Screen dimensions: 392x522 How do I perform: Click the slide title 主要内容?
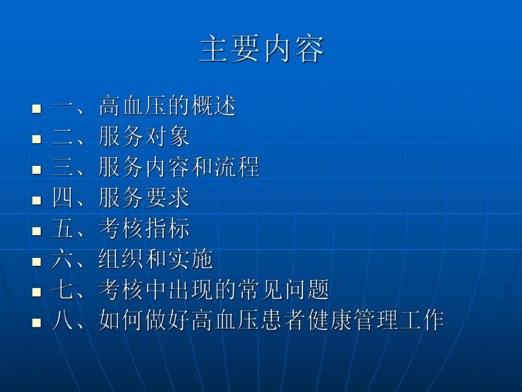pyautogui.click(x=262, y=49)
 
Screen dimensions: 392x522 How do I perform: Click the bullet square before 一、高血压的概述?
pyautogui.click(x=37, y=108)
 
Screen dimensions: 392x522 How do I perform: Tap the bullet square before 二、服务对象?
pyautogui.click(x=37, y=139)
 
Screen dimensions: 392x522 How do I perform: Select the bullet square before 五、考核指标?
pyautogui.click(x=37, y=231)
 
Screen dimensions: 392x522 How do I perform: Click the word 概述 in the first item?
pyautogui.click(x=213, y=106)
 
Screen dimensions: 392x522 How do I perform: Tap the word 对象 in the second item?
pyautogui.click(x=167, y=137)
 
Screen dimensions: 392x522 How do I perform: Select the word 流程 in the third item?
pyautogui.click(x=237, y=168)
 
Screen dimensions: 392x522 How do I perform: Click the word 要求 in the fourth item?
pyautogui.click(x=167, y=198)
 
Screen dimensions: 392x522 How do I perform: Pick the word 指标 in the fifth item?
pyautogui.click(x=167, y=229)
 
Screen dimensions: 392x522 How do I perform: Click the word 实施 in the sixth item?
pyautogui.click(x=190, y=260)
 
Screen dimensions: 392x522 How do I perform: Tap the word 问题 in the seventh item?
pyautogui.click(x=306, y=290)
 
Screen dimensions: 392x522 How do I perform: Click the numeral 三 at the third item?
pyautogui.click(x=62, y=168)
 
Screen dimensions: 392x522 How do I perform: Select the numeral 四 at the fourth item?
pyautogui.click(x=62, y=198)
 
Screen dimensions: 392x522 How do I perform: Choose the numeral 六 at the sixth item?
pyautogui.click(x=62, y=260)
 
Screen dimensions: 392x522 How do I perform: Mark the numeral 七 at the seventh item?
pyautogui.click(x=62, y=290)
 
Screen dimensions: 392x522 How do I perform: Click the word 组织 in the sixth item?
pyautogui.click(x=121, y=260)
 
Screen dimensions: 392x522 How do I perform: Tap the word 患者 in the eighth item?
pyautogui.click(x=260, y=321)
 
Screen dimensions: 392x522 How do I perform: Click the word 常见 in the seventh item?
pyautogui.click(x=260, y=290)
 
